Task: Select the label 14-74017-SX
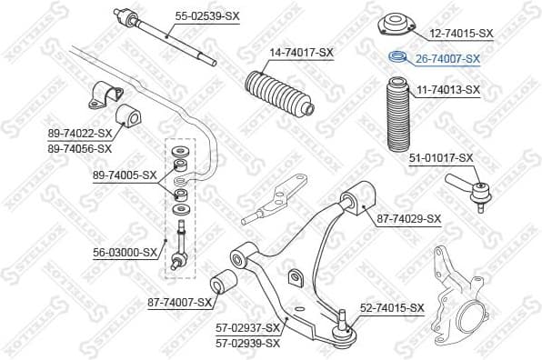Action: point(300,52)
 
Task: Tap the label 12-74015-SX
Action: point(460,33)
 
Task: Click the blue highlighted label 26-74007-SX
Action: point(447,59)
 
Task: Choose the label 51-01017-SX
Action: point(441,157)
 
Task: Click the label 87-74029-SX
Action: point(408,218)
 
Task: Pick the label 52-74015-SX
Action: point(392,308)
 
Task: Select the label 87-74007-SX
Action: point(179,302)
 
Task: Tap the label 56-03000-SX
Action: point(125,253)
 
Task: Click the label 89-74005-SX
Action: point(125,175)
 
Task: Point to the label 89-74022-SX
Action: point(80,133)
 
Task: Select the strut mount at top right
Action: point(396,24)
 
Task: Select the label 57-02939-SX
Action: point(247,342)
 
